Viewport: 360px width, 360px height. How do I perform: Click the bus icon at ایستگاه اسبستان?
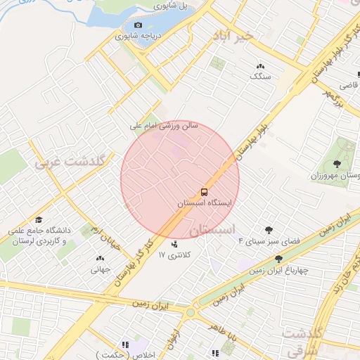pos(204,191)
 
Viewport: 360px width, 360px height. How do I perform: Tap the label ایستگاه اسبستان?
pos(204,202)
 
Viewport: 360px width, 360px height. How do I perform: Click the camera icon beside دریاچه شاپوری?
pos(138,25)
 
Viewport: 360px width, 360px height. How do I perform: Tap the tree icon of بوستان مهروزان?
pos(337,164)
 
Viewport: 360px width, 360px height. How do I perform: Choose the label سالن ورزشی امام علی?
pos(165,127)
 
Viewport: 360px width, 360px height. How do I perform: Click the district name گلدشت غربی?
pos(70,162)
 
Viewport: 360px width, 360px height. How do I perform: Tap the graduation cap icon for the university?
pos(39,220)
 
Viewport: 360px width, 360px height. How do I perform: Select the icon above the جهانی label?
pos(98,258)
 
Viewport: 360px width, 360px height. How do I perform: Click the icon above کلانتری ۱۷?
pos(174,245)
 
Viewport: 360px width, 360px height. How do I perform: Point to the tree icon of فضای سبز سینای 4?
pos(269,230)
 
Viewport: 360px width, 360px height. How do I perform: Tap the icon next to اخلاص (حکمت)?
pos(124,345)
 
